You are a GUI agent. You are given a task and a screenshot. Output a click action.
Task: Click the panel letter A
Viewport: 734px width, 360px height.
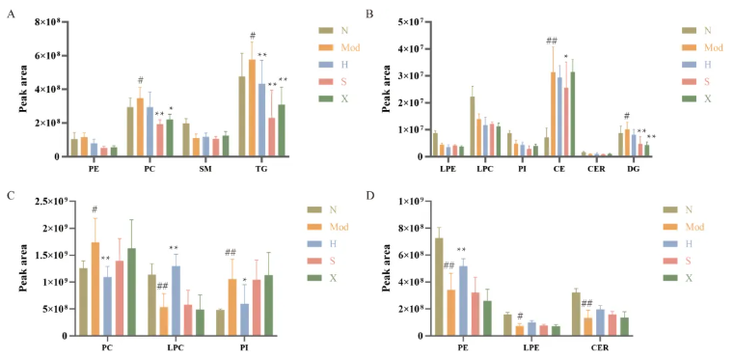click(x=12, y=14)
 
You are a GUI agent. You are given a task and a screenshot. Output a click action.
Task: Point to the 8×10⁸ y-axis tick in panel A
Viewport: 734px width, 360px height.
click(x=46, y=21)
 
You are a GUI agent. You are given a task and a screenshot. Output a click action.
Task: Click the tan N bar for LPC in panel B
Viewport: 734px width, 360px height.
click(x=472, y=125)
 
